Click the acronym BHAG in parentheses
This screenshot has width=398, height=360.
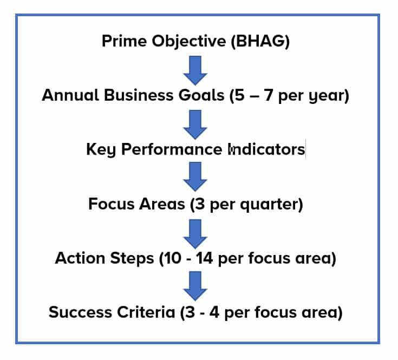click(x=260, y=41)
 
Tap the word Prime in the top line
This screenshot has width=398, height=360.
click(x=124, y=41)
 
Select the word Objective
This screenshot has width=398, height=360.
click(x=189, y=41)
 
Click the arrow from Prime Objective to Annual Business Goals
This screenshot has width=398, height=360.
click(x=195, y=70)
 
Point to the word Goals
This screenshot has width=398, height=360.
click(x=201, y=95)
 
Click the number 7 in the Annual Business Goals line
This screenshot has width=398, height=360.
click(x=268, y=95)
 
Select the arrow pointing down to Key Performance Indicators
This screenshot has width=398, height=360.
click(x=195, y=125)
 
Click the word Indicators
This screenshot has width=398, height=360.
click(x=266, y=149)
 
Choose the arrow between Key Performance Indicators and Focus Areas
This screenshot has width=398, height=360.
click(x=195, y=176)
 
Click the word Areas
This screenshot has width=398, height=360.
click(x=162, y=204)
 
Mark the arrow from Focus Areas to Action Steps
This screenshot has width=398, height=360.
click(x=195, y=234)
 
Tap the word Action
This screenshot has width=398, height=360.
click(x=80, y=258)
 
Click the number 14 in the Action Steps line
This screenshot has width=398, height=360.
click(x=204, y=258)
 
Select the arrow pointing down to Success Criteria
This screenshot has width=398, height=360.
click(x=195, y=286)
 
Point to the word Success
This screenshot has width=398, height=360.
click(x=80, y=312)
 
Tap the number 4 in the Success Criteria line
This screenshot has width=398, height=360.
click(x=214, y=312)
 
